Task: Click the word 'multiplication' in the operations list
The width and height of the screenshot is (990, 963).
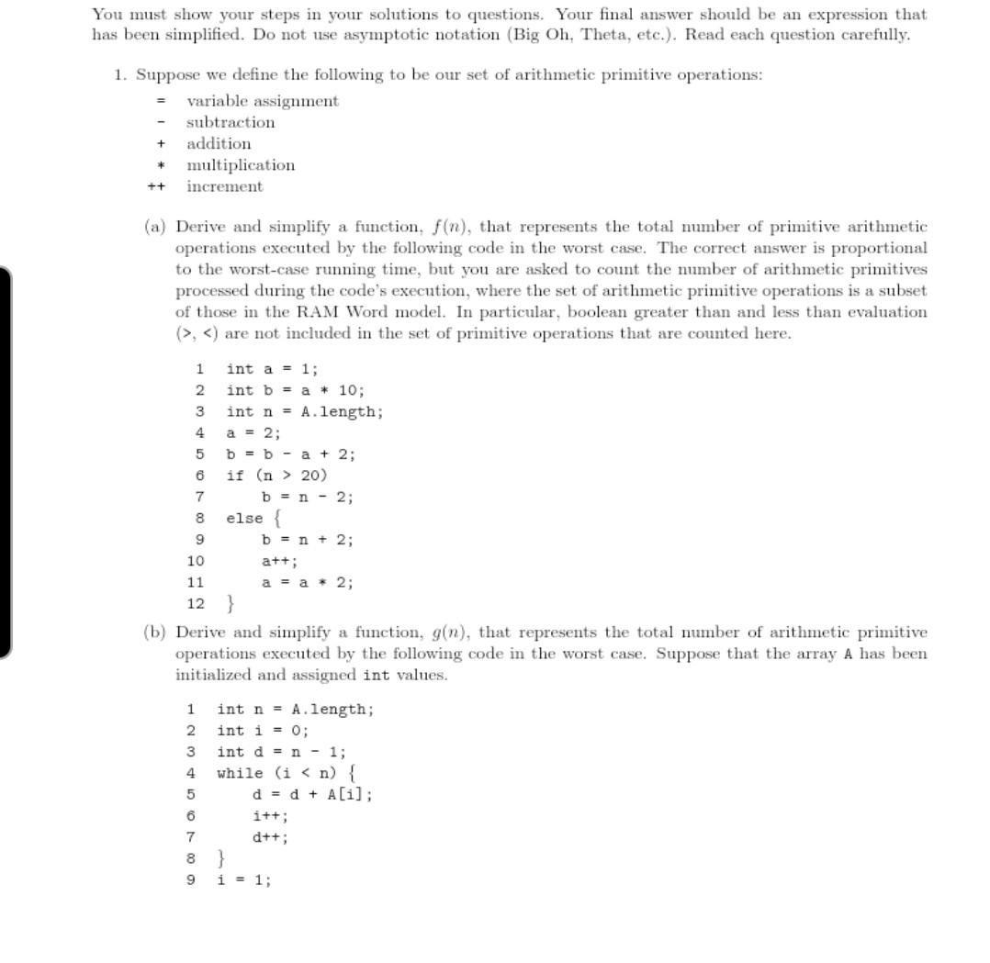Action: pos(241,165)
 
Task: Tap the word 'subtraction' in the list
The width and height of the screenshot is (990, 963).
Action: pos(231,122)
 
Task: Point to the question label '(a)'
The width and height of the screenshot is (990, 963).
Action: pos(155,226)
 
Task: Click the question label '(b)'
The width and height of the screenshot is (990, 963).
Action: pos(155,632)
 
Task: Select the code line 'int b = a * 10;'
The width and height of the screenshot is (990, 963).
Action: pos(296,390)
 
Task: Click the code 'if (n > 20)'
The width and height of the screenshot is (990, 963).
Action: pos(276,476)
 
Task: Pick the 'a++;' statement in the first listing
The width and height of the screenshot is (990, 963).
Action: pos(279,561)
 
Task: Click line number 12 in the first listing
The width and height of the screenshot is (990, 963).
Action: pos(196,603)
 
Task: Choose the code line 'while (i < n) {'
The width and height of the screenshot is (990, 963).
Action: pos(286,773)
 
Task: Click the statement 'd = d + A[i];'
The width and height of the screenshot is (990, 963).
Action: pos(312,794)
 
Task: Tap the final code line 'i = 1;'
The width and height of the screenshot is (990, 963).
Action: pos(243,879)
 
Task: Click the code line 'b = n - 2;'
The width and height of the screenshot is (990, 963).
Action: pos(308,497)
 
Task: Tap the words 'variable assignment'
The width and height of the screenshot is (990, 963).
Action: pos(263,101)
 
